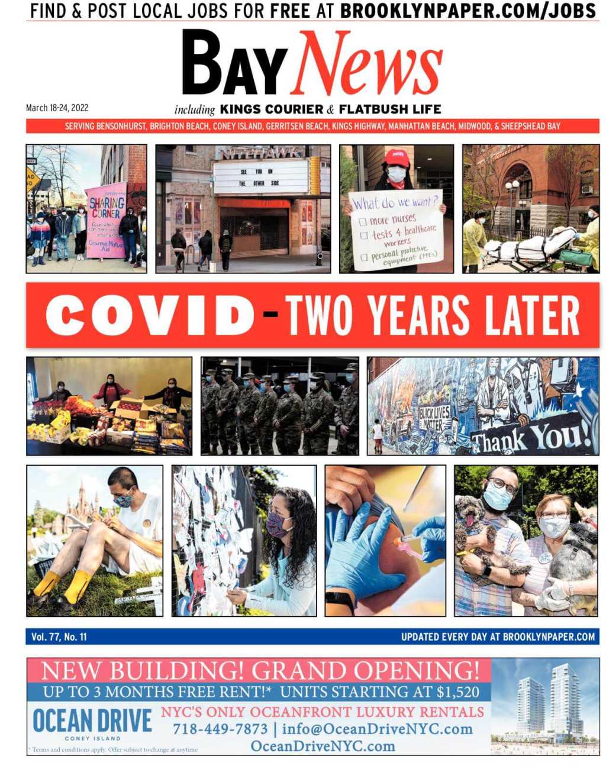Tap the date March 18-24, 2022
pos(57,108)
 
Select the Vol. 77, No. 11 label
pos(59,636)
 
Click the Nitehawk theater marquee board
pos(260,176)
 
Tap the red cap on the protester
pos(397,157)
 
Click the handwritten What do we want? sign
pos(396,230)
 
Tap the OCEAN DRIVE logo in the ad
pos(92,722)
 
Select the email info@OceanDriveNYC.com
pos(377,729)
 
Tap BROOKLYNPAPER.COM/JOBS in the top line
pos(468,11)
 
